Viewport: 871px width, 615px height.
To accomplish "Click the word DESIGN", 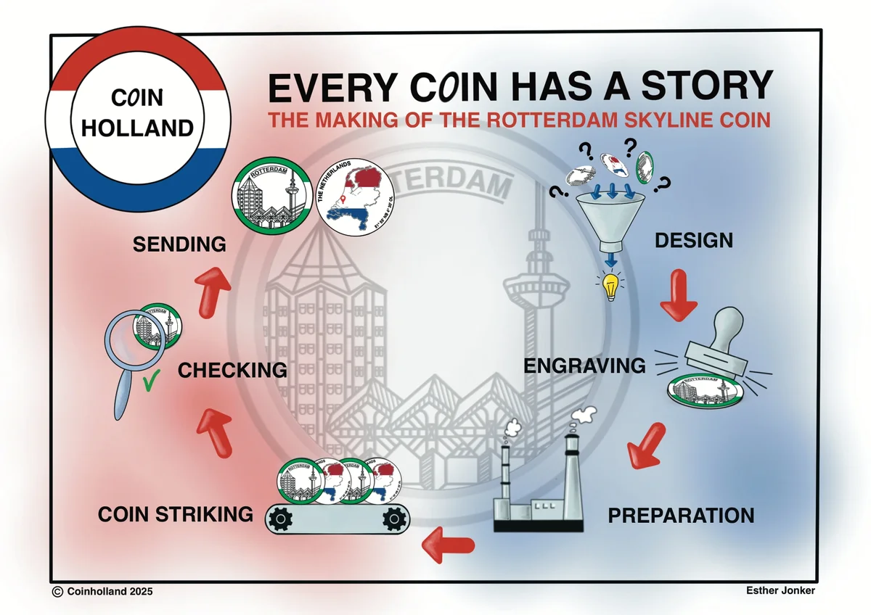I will [693, 240].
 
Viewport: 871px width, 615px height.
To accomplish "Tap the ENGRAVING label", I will [584, 366].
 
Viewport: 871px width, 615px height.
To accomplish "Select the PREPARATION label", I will [681, 516].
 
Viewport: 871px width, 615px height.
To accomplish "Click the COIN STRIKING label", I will [176, 515].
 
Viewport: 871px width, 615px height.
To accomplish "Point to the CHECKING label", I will [232, 370].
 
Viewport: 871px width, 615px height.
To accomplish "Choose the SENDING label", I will [179, 244].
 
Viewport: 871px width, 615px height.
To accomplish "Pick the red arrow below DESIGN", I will [679, 294].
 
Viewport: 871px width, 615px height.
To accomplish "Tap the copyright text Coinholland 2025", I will [102, 592].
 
